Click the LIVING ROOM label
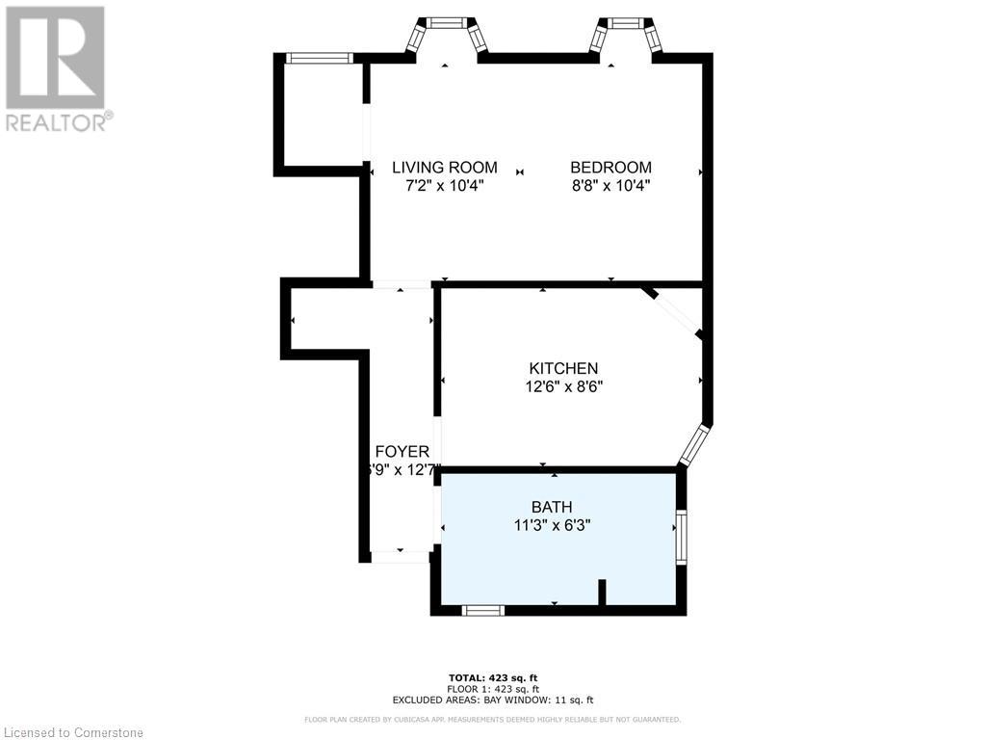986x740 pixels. [444, 167]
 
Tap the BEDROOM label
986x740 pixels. [610, 167]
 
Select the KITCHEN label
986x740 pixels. [563, 368]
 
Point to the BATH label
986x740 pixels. [552, 507]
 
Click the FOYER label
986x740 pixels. [402, 451]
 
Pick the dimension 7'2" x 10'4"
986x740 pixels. [444, 186]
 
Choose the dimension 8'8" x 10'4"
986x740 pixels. [610, 186]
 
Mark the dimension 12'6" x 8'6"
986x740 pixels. [563, 386]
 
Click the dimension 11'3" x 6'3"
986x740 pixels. [552, 525]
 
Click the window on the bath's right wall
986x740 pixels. [681, 538]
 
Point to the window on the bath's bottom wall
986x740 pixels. [482, 610]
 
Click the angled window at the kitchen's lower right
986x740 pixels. [693, 443]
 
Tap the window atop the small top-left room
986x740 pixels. [320, 59]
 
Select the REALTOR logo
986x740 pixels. [57, 68]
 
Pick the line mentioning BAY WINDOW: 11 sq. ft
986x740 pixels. [492, 700]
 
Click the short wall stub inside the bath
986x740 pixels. [602, 592]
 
